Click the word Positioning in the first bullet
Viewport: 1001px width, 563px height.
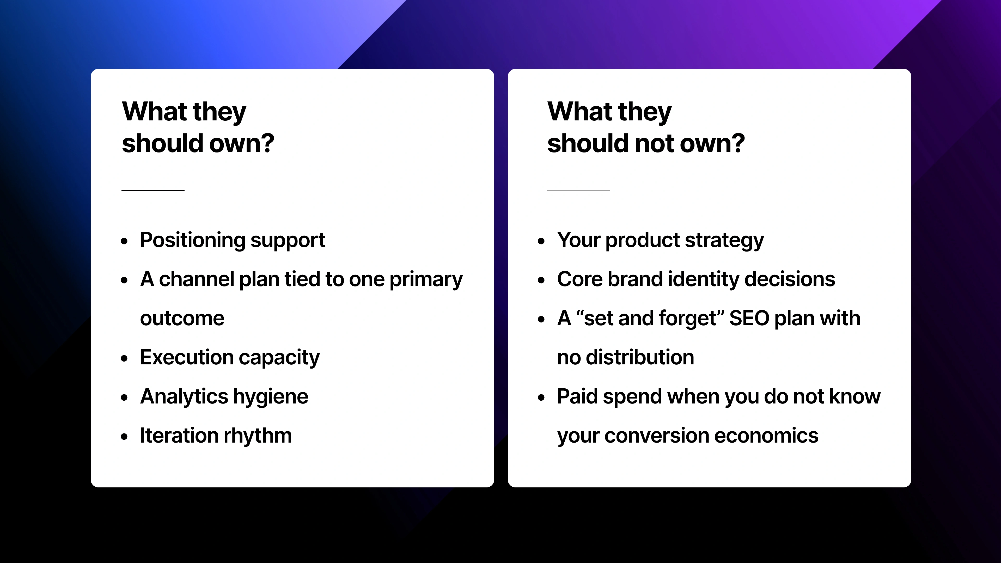pos(192,240)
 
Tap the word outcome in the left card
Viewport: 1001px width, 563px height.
pos(182,319)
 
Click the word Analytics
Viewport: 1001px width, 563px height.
pos(184,397)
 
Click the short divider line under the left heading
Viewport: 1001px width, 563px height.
pos(153,190)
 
